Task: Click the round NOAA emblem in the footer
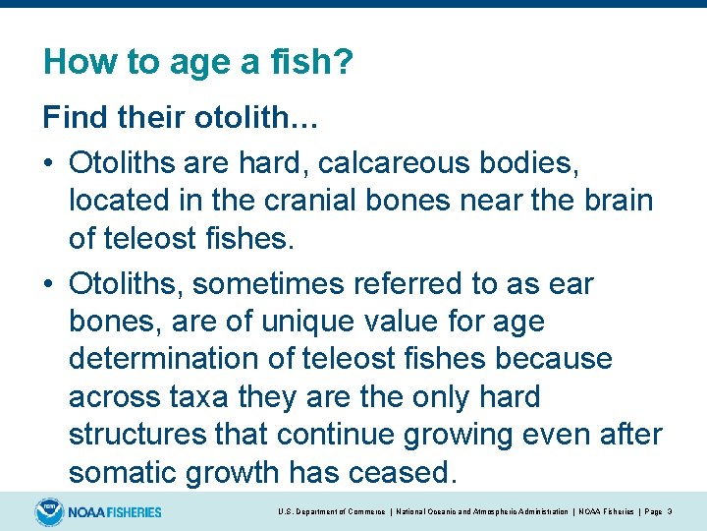pos(48,511)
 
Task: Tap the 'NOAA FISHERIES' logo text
pos(115,511)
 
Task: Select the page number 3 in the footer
pos(670,511)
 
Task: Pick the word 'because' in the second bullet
pos(554,359)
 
